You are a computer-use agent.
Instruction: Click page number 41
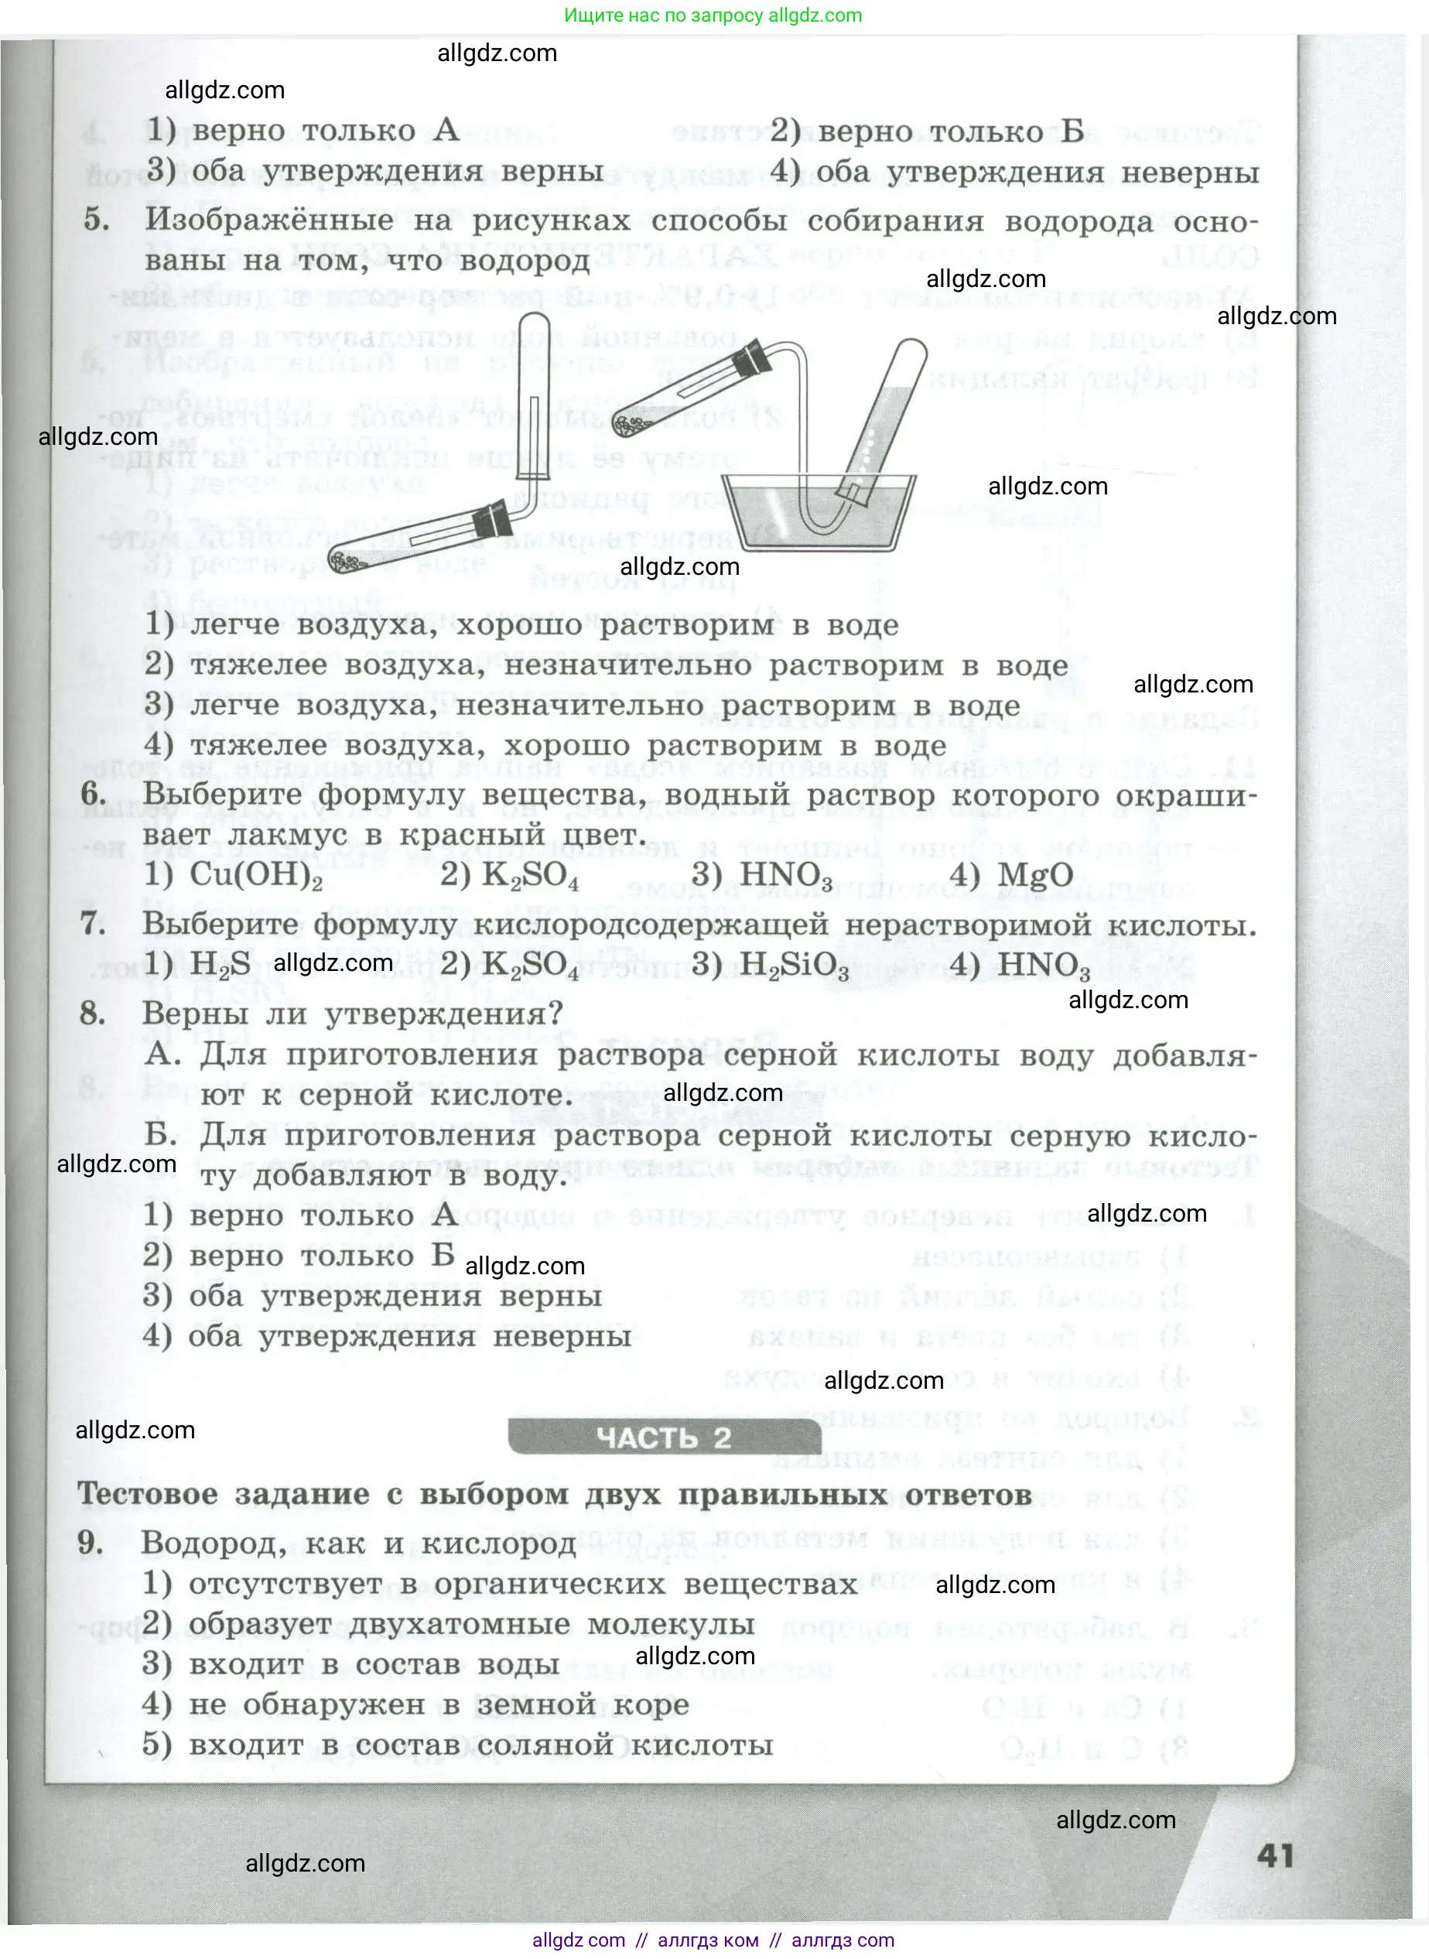[1275, 1855]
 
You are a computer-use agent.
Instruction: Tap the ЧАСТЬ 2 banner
[664, 1438]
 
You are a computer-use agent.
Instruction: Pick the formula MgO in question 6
[1034, 875]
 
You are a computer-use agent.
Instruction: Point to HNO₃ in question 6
[785, 874]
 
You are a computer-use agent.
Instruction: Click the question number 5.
[96, 219]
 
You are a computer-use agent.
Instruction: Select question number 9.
[91, 1541]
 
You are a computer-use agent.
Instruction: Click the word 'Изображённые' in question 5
[269, 220]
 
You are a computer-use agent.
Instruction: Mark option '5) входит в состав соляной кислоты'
[457, 1745]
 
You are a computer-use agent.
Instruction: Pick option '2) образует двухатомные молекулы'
[449, 1623]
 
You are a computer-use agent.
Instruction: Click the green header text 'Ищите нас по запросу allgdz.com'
[713, 15]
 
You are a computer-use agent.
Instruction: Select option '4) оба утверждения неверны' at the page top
[1014, 171]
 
